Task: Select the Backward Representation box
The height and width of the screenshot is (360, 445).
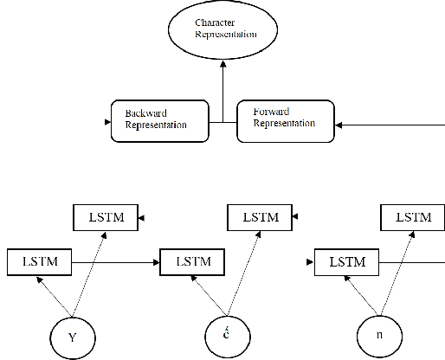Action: pos(161,119)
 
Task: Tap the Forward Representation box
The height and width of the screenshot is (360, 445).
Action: pos(285,119)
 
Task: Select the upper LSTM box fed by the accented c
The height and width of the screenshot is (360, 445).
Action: pos(259,217)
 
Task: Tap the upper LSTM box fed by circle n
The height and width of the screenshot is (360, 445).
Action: pos(413,217)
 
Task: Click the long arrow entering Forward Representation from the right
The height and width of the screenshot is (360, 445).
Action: pos(390,125)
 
